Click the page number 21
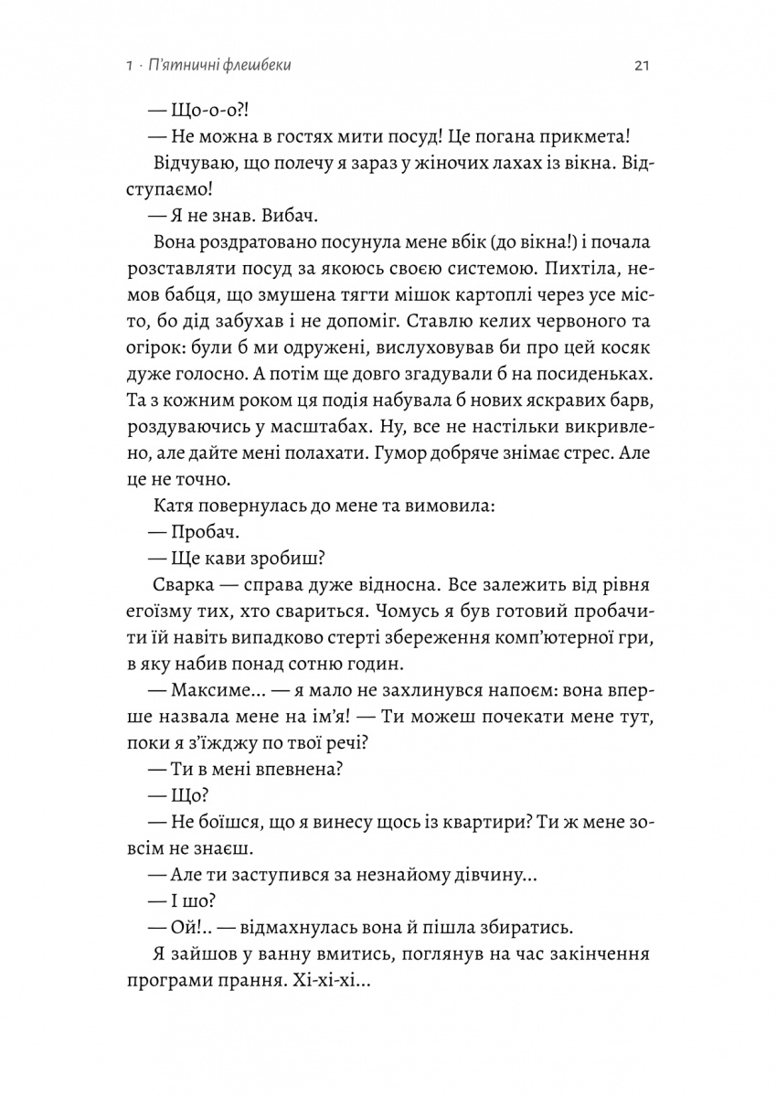click(x=640, y=67)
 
